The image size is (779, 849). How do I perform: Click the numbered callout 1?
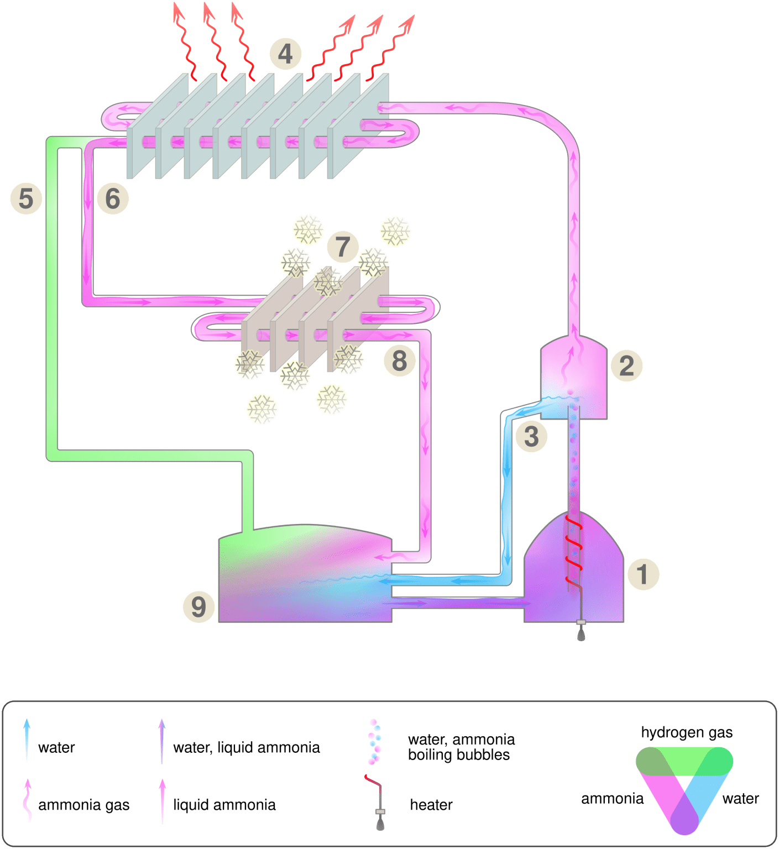point(643,574)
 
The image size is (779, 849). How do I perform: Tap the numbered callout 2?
point(626,365)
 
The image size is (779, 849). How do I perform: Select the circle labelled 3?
point(531,436)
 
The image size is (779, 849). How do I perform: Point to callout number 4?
point(285,54)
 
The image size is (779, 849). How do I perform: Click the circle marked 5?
point(26,198)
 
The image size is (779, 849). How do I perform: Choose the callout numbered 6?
point(113,198)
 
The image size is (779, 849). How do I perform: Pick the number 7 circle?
point(343,247)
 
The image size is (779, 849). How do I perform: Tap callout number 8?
point(399,360)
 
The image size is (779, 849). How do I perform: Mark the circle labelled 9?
point(199,606)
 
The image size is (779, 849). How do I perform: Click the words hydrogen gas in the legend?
point(687,732)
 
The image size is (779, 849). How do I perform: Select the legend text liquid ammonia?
point(224,805)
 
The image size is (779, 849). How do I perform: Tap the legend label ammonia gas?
point(83,805)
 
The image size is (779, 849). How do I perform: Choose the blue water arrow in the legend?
point(27,740)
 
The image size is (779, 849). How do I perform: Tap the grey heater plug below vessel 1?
point(581,631)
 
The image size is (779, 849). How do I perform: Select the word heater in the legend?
point(431,805)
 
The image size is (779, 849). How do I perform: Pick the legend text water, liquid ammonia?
point(247,747)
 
